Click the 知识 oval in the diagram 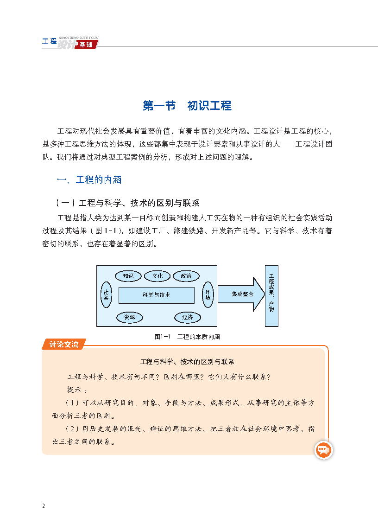(128, 276)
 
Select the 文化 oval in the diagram (157, 276)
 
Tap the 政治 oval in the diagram (186, 276)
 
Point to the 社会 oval (106, 294)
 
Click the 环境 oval (208, 294)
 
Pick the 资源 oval (130, 317)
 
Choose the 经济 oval (188, 317)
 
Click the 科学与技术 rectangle (157, 295)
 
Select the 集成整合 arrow (241, 294)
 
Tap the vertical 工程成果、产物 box (271, 295)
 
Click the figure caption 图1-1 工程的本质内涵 (187, 337)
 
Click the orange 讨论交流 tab (63, 344)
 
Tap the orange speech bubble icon (323, 450)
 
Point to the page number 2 (44, 506)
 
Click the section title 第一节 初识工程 (187, 106)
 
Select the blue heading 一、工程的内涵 (89, 179)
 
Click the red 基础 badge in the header (86, 45)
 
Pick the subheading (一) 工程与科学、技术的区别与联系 (128, 203)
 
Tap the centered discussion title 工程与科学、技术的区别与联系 (187, 362)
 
